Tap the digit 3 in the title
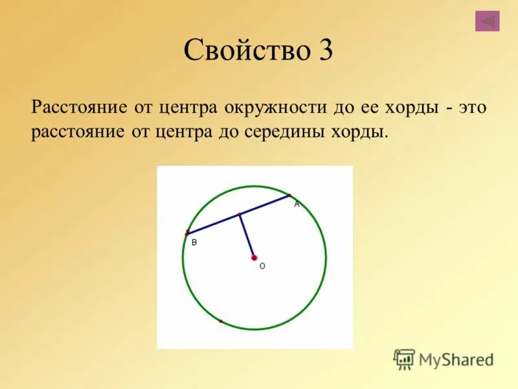tap(325, 50)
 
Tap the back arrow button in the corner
tap(487, 21)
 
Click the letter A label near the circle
tap(297, 204)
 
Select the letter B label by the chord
tap(194, 242)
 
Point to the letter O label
tap(262, 266)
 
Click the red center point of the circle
tap(254, 257)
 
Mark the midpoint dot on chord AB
tap(239, 214)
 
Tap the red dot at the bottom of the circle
tap(221, 321)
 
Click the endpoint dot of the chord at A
tap(289, 194)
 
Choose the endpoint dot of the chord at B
tap(188, 232)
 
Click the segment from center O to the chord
tap(246, 235)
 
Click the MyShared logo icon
tap(404, 359)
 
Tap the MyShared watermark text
tap(456, 360)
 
